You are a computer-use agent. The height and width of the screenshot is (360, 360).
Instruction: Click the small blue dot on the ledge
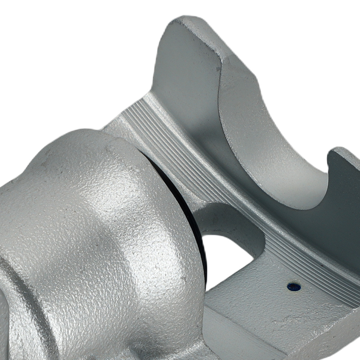pos(294,287)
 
